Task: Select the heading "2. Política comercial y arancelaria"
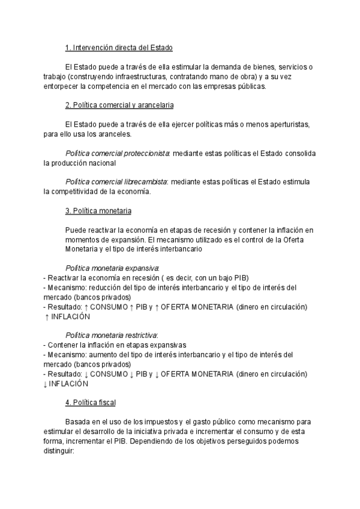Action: tap(119, 105)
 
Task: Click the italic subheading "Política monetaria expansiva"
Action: tap(112, 268)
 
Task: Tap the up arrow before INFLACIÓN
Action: tap(47, 317)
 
